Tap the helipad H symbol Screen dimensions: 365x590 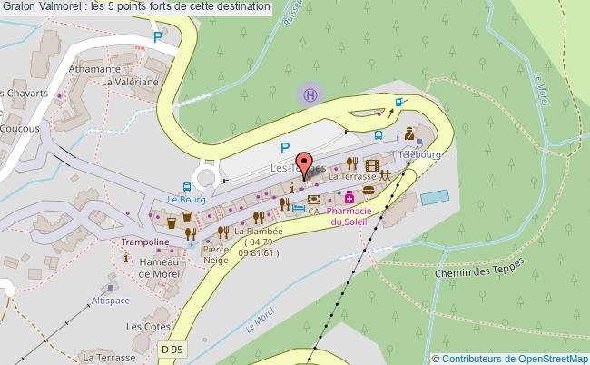310,93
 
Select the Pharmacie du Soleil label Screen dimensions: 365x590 348,215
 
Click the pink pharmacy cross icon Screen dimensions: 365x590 349,198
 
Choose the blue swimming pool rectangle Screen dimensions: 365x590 434,196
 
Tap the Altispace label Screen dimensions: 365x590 110,299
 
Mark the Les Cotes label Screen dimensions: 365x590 144,326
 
